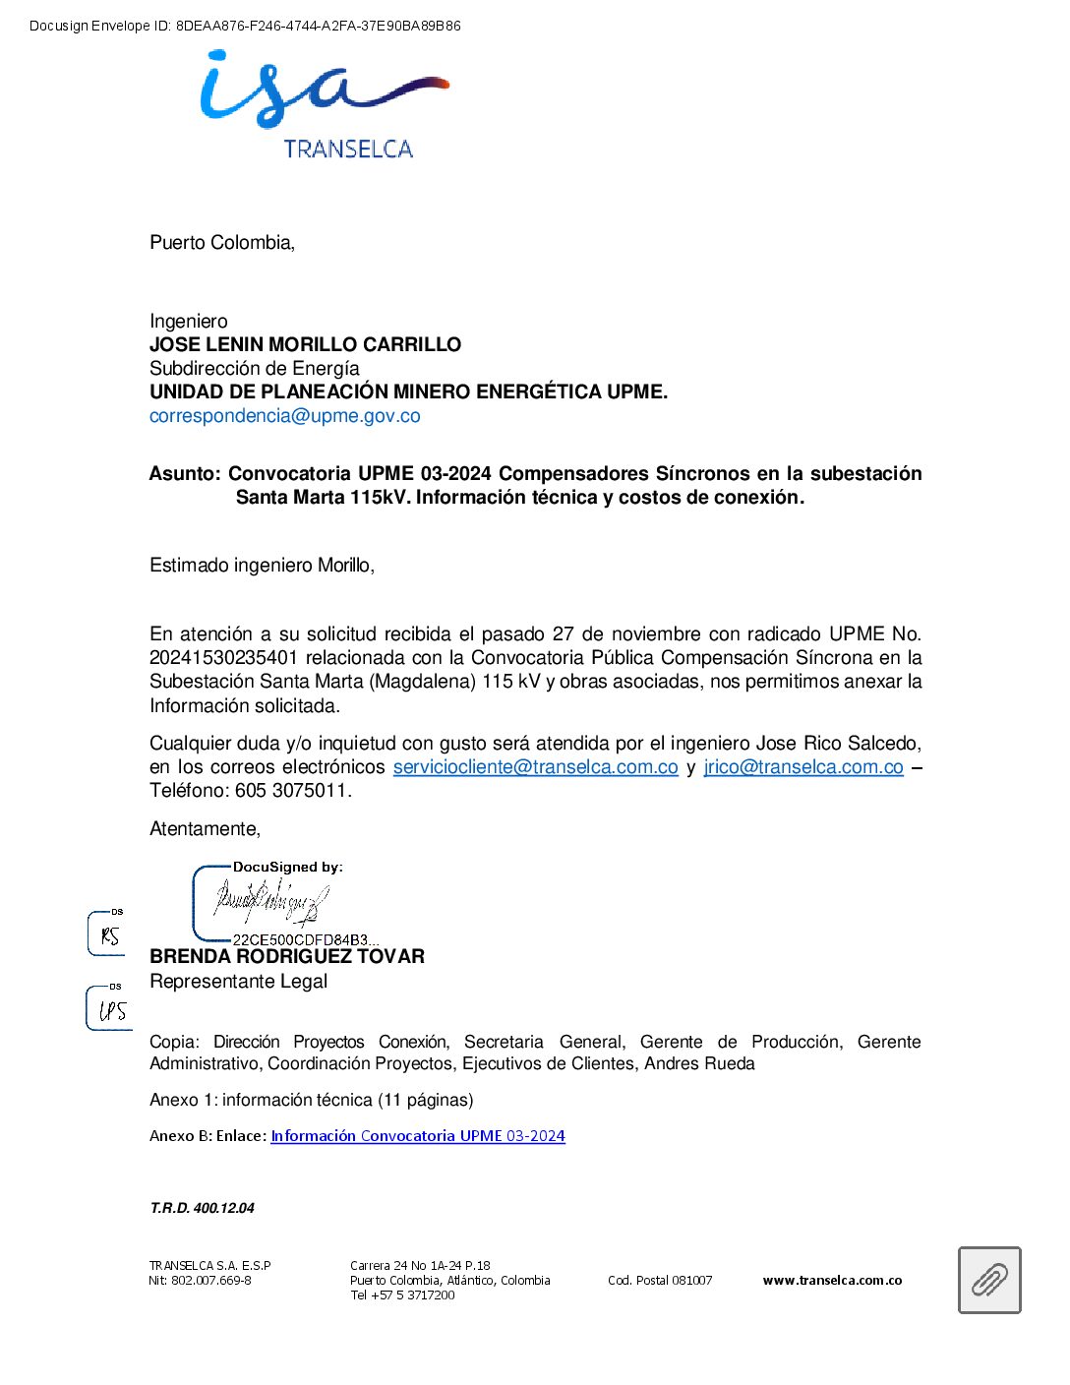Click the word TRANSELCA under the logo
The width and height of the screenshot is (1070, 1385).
point(348,150)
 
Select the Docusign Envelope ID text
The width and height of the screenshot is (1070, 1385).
point(245,27)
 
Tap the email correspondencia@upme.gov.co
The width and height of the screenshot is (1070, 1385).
point(284,416)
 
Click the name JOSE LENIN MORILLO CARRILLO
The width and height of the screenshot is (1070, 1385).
point(305,344)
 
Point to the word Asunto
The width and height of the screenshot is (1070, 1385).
point(184,474)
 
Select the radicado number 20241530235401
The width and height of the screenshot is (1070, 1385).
point(223,658)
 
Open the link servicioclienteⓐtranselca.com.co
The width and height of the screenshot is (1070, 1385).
point(535,767)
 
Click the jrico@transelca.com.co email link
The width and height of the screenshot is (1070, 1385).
point(802,767)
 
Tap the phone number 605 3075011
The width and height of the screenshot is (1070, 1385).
point(292,791)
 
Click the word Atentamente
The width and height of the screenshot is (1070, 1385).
point(205,829)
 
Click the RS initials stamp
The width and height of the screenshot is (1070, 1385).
point(108,935)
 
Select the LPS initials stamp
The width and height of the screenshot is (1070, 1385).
point(111,1010)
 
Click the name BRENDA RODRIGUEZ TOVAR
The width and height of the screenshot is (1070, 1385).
point(287,957)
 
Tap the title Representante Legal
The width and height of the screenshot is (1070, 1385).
point(238,982)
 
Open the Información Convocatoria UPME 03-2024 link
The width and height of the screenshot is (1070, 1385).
point(418,1136)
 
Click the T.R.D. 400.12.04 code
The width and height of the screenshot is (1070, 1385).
point(202,1208)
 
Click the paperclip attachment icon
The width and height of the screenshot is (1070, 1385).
point(989,1280)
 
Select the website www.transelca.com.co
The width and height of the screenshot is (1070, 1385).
point(832,1281)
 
